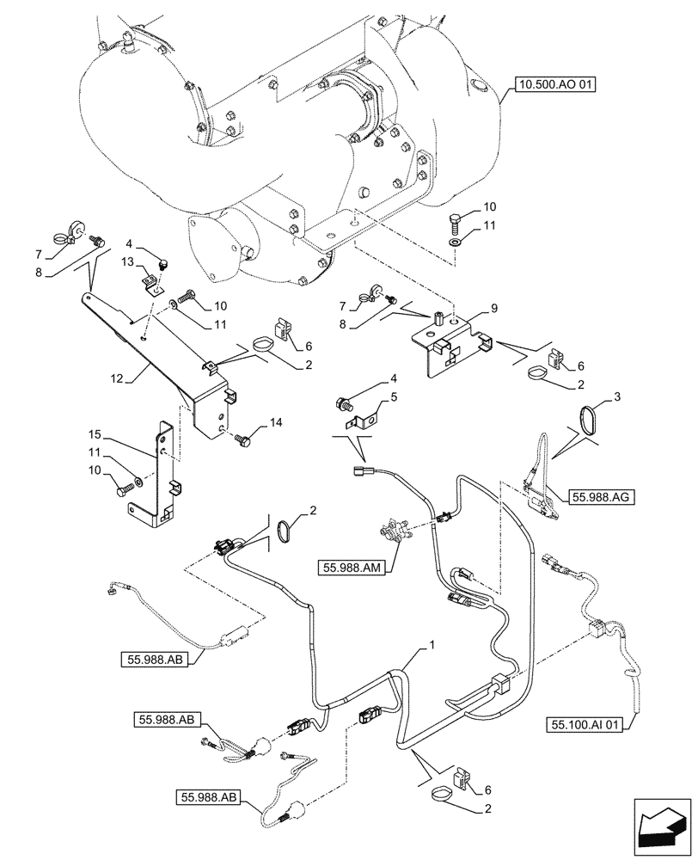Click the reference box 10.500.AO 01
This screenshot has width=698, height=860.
(x=554, y=84)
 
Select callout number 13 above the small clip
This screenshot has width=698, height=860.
(x=126, y=261)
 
